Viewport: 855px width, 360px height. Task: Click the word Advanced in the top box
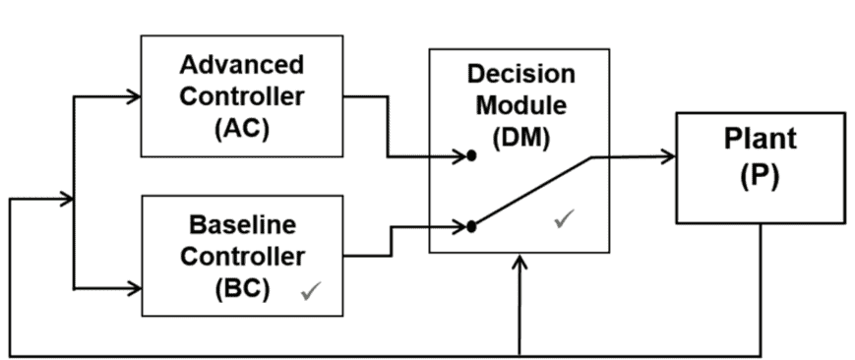point(242,65)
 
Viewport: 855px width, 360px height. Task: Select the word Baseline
point(243,224)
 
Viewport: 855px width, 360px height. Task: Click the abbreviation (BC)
point(242,289)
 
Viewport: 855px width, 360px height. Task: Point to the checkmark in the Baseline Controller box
point(311,291)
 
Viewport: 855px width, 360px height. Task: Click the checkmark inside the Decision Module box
point(565,218)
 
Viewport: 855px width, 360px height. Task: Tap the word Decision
point(520,74)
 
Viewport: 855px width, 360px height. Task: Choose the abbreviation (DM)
point(520,138)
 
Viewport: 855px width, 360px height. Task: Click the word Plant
point(760,139)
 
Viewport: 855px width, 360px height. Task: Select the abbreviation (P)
point(761,177)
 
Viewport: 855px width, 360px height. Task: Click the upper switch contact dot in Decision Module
point(471,156)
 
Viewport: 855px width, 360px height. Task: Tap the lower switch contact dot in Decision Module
point(471,226)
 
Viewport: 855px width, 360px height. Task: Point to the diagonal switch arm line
point(531,192)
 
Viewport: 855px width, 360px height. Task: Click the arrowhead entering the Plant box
point(668,156)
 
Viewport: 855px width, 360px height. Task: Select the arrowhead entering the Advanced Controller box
point(133,97)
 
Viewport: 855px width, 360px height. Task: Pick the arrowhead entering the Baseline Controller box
point(134,288)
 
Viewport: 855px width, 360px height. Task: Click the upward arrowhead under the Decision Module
point(520,262)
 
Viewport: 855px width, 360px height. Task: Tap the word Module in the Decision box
point(521,105)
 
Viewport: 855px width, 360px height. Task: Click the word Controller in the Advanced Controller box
point(242,97)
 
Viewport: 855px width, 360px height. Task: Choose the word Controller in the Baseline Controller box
point(243,257)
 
